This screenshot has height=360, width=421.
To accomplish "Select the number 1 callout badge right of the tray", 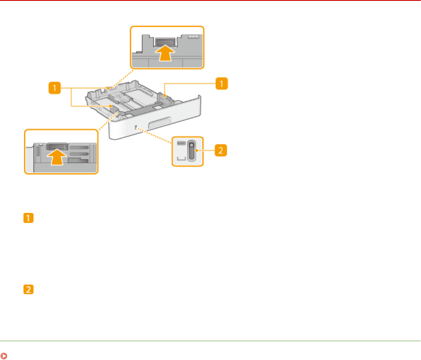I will pyautogui.click(x=222, y=84).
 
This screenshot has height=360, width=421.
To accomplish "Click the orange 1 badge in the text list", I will pyautogui.click(x=29, y=219).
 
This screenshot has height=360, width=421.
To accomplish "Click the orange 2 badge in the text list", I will pyautogui.click(x=29, y=290).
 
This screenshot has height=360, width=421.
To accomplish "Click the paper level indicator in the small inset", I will pyautogui.click(x=191, y=151).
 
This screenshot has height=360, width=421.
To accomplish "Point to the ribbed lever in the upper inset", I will pyautogui.click(x=166, y=41).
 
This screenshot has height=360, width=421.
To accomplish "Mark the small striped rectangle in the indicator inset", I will pyautogui.click(x=182, y=143).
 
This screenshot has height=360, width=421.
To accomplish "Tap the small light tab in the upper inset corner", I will pyautogui.click(x=193, y=37).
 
